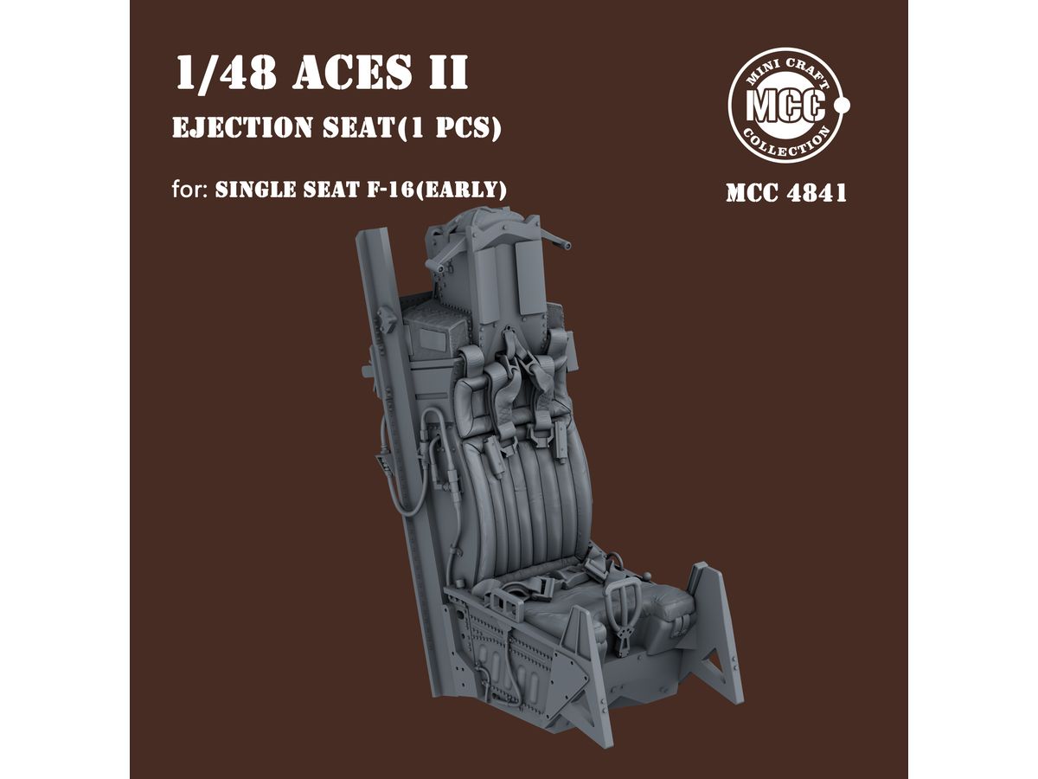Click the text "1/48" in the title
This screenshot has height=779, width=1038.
pyautogui.click(x=226, y=73)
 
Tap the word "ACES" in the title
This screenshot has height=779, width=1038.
pyautogui.click(x=352, y=73)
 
